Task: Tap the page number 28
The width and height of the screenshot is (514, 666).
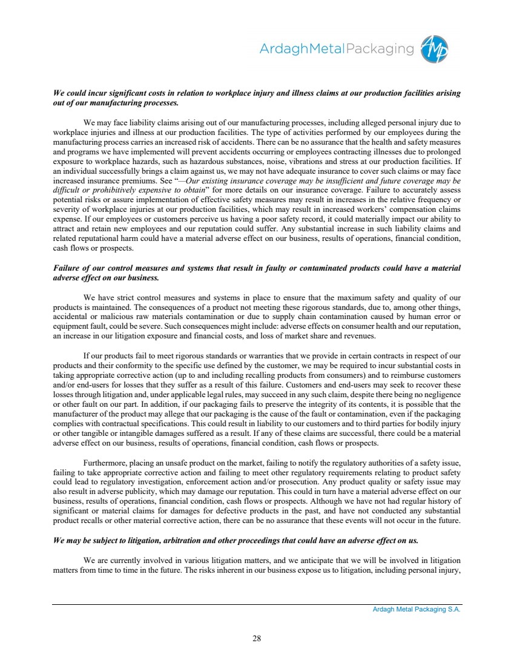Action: tap(257, 637)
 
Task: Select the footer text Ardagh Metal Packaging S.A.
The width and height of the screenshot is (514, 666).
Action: tap(417, 610)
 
